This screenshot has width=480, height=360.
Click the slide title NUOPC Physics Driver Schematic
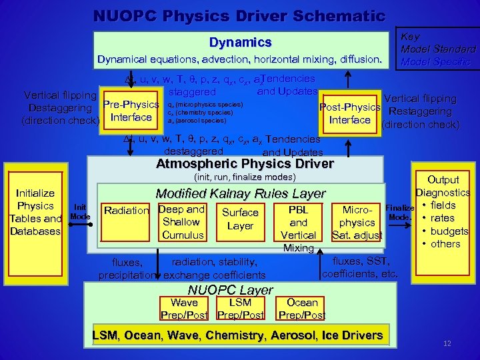click(239, 15)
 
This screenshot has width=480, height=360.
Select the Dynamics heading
click(240, 43)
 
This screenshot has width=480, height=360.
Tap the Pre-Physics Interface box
click(131, 111)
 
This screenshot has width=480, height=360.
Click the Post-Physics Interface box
click(350, 113)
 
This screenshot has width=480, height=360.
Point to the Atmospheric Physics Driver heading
click(244, 164)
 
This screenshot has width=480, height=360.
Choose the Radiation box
click(127, 211)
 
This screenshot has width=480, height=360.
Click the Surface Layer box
click(240, 219)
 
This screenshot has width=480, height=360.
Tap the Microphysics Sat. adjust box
click(357, 223)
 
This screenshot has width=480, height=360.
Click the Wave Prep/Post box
click(185, 309)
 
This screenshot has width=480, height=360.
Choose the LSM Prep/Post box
click(241, 309)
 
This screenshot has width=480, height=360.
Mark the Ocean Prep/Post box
click(302, 309)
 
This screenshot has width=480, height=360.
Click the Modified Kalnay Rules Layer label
click(240, 193)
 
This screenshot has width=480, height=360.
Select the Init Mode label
click(80, 212)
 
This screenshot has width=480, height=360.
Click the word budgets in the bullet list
click(450, 231)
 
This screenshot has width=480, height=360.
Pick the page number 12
click(446, 343)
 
